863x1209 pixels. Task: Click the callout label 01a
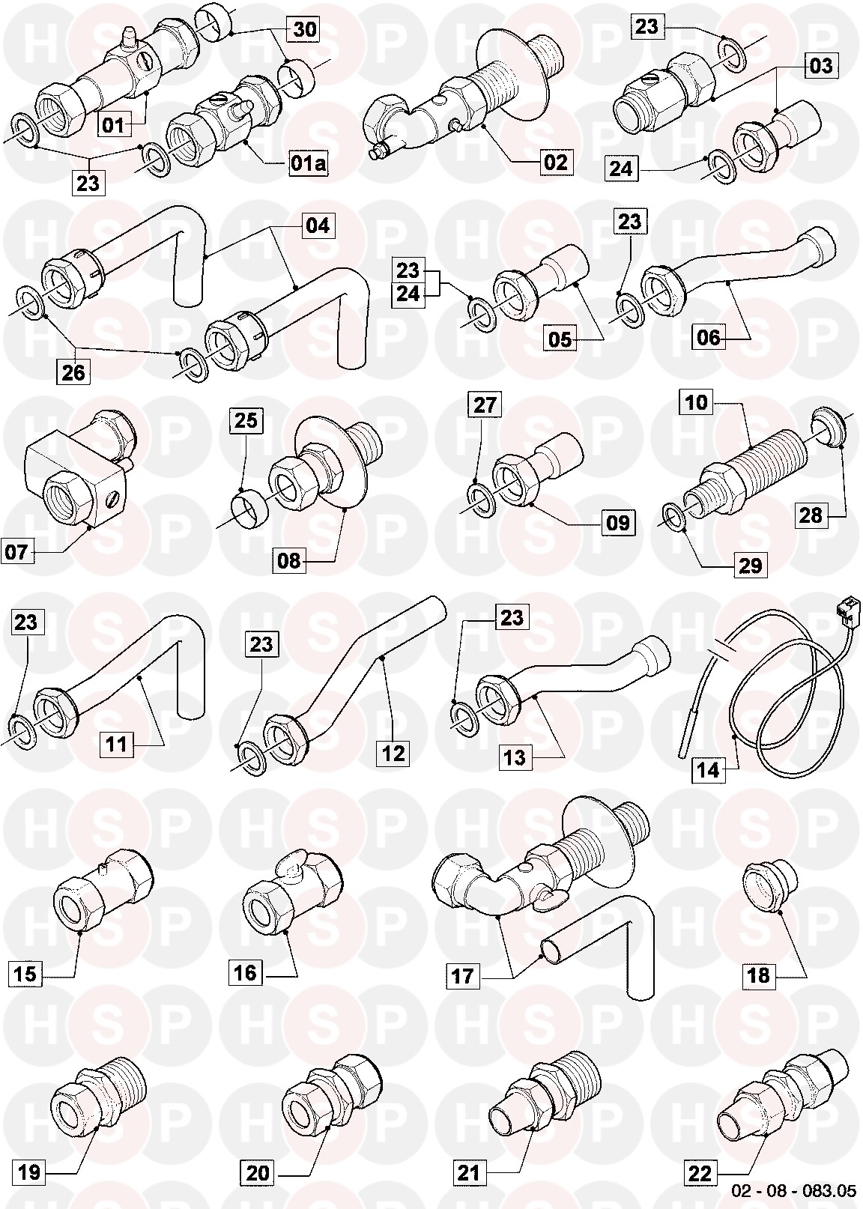click(308, 163)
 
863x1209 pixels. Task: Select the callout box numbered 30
click(305, 28)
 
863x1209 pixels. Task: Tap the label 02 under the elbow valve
click(556, 162)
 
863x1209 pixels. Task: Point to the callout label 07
click(16, 551)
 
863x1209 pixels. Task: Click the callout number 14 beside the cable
click(709, 769)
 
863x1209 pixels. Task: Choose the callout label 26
click(73, 372)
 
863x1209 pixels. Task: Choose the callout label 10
click(696, 402)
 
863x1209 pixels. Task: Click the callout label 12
click(393, 752)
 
